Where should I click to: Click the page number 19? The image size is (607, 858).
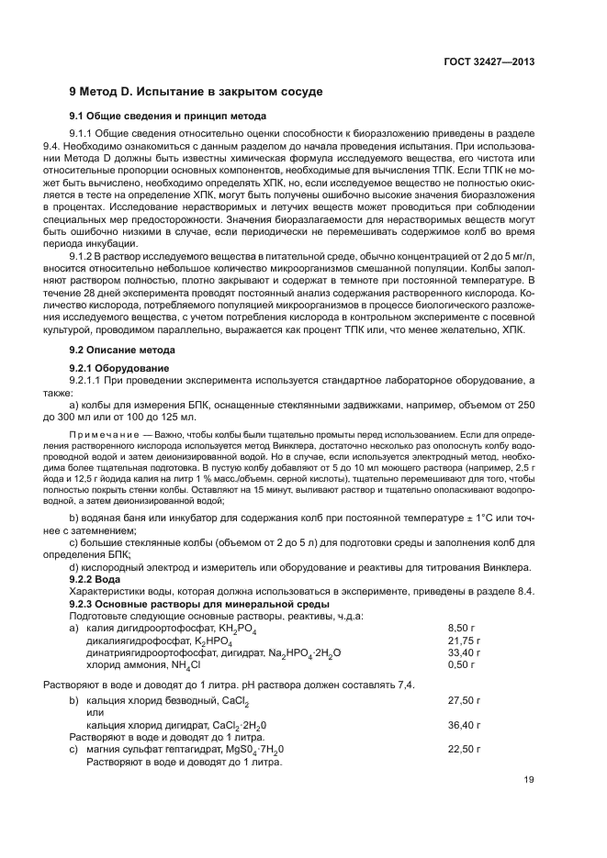point(529,780)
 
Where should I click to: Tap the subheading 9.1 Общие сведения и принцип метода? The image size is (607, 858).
point(168,117)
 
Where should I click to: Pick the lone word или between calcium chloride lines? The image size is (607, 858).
point(94,712)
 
